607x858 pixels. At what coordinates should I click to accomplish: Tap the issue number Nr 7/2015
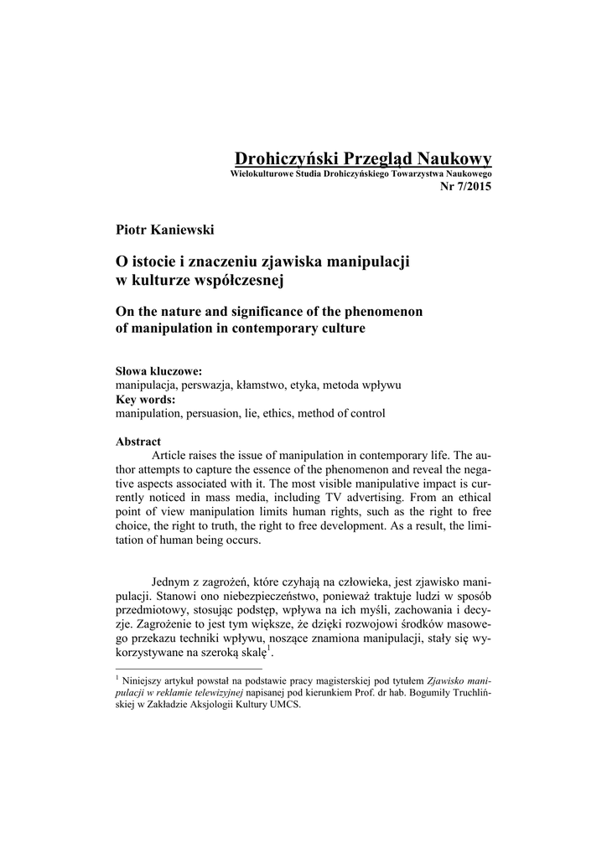pos(465,185)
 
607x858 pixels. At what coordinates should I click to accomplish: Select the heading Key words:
pos(145,400)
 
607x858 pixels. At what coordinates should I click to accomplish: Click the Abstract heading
pos(137,442)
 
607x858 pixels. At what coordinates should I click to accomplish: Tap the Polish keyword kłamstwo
pos(259,385)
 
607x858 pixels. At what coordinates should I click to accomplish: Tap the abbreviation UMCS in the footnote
pos(285,705)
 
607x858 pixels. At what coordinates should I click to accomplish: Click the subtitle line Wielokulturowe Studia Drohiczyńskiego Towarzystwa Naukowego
pos(361,173)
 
